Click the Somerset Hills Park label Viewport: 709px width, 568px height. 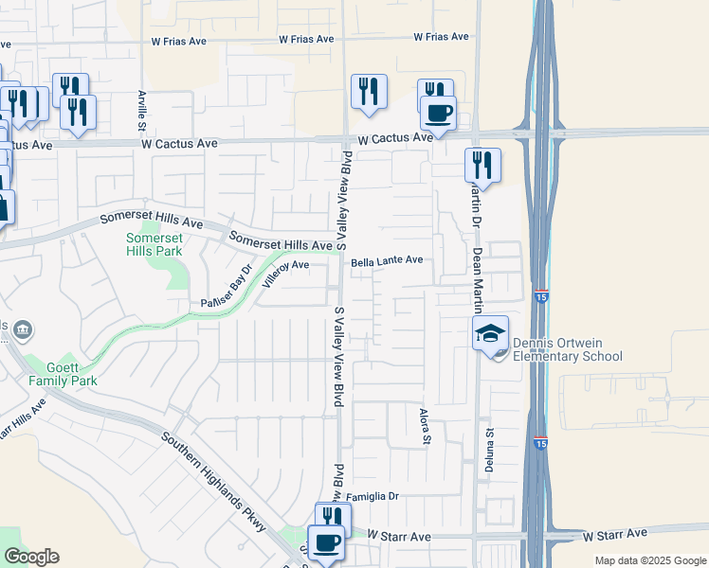(x=154, y=245)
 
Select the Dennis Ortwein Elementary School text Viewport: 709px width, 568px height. (x=567, y=349)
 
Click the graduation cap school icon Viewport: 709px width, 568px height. (x=491, y=333)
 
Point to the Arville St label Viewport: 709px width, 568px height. (x=141, y=111)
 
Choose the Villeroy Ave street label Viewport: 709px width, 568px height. (x=286, y=266)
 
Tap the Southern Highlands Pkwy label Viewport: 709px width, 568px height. (x=213, y=482)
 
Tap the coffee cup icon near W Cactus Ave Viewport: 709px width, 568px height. (x=438, y=114)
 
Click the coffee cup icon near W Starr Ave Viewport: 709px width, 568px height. (x=327, y=542)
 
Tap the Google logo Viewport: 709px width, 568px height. (x=31, y=557)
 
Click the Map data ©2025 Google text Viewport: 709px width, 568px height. (x=649, y=560)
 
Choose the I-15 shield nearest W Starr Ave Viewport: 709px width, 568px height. (x=540, y=443)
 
